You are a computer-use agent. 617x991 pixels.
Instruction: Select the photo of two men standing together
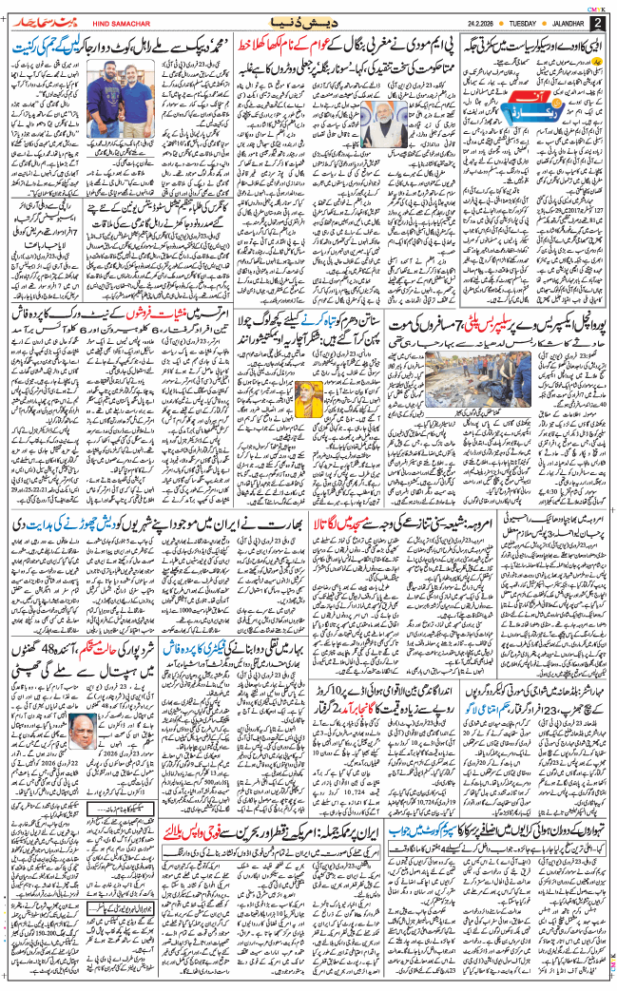point(114,103)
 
